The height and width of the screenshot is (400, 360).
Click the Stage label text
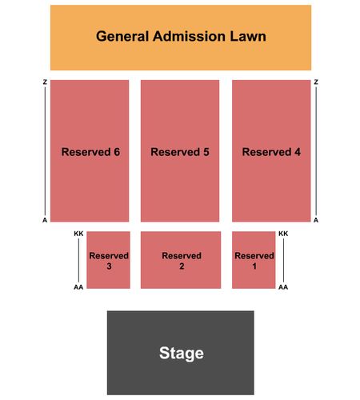click(182, 353)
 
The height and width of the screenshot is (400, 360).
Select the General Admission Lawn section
click(181, 38)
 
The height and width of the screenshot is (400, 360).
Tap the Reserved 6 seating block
click(90, 150)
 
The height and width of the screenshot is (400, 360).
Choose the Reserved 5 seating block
click(180, 150)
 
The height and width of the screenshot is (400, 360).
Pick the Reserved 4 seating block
click(271, 150)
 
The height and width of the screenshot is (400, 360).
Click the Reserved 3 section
click(108, 260)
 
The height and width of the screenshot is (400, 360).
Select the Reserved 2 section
click(181, 260)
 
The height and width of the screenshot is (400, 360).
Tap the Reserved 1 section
click(254, 260)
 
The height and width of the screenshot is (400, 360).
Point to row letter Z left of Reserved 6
click(45, 82)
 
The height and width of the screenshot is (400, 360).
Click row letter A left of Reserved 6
click(45, 220)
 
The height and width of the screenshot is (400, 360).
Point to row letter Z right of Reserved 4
click(316, 82)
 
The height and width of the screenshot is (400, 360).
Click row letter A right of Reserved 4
click(316, 220)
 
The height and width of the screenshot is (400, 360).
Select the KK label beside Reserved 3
click(78, 234)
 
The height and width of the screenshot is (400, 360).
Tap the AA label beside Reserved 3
click(78, 287)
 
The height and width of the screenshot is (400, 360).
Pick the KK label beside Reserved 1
click(283, 234)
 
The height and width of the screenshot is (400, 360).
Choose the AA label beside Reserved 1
click(283, 287)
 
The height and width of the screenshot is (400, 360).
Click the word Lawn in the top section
click(248, 36)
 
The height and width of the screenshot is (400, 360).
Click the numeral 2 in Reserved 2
click(182, 266)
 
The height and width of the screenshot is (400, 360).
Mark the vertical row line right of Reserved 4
click(316, 151)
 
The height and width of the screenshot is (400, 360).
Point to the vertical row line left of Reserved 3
click(78, 260)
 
